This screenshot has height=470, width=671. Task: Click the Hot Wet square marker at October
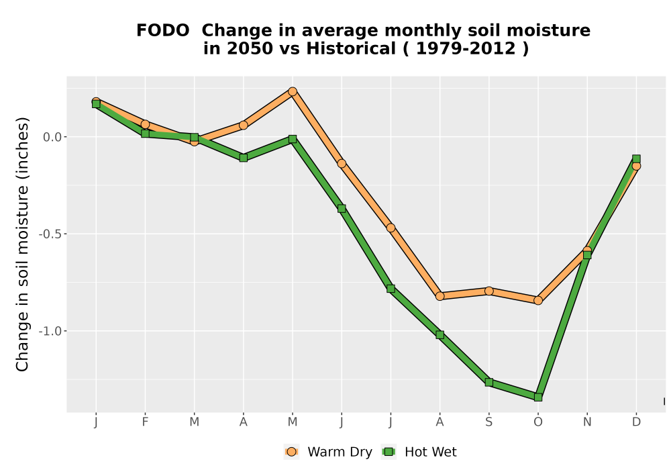click(x=538, y=397)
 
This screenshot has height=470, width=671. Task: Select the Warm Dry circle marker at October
click(x=538, y=301)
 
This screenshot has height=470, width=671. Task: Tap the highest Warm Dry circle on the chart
click(x=293, y=91)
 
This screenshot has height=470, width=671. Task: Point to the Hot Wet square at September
click(x=488, y=382)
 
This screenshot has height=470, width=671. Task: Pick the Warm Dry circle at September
click(x=488, y=291)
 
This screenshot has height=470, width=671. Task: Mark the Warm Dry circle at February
click(x=145, y=124)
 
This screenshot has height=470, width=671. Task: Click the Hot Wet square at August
click(x=440, y=335)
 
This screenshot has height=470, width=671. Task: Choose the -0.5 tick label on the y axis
click(x=50, y=234)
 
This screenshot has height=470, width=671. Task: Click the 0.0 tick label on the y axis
click(x=52, y=137)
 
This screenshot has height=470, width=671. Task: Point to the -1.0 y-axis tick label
click(x=50, y=331)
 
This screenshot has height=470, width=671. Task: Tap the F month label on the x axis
click(x=145, y=422)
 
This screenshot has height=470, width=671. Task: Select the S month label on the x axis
click(x=488, y=422)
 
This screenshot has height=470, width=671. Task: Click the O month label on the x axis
click(x=538, y=422)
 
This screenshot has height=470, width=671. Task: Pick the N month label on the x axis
click(x=587, y=422)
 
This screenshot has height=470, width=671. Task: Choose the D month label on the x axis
click(x=636, y=422)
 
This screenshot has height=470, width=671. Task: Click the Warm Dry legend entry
click(x=328, y=452)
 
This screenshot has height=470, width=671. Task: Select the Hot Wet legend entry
click(x=419, y=452)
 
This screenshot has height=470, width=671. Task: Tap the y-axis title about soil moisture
click(x=22, y=244)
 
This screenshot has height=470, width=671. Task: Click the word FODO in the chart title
click(x=162, y=31)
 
